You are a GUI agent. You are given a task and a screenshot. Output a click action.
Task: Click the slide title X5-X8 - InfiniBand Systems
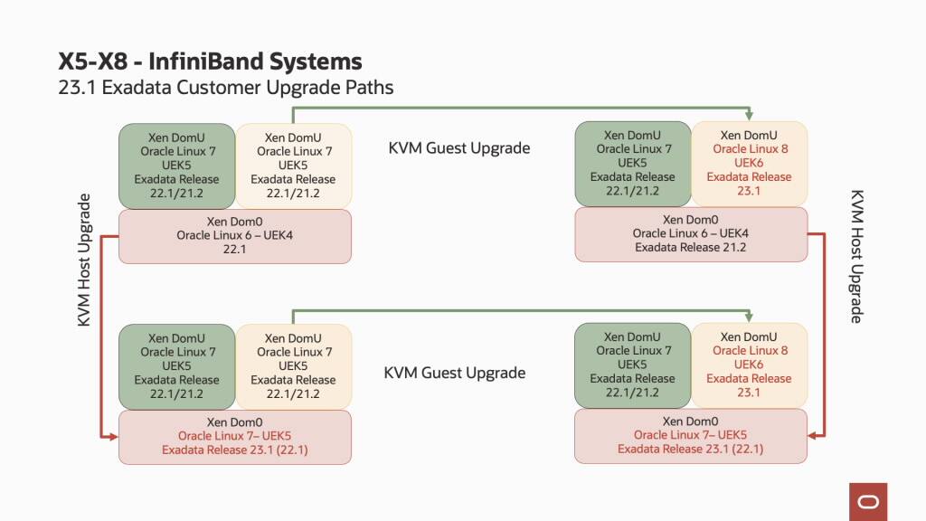[210, 62]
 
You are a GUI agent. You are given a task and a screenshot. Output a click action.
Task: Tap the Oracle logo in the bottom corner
[867, 501]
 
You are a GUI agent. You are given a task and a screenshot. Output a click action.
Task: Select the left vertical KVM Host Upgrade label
[84, 260]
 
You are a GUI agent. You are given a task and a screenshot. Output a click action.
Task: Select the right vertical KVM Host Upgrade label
[857, 256]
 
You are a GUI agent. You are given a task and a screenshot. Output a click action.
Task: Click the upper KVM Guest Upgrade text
[458, 147]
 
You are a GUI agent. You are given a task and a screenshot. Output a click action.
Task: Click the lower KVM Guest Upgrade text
[455, 373]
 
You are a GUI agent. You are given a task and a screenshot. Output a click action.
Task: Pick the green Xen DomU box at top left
[176, 166]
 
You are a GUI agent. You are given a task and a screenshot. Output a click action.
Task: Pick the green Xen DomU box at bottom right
[632, 366]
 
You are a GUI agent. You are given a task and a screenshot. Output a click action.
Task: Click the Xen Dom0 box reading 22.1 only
[234, 236]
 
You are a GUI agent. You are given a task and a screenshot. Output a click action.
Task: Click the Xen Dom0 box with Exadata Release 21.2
[691, 234]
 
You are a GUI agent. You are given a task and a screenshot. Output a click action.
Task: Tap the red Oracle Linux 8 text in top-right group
[750, 148]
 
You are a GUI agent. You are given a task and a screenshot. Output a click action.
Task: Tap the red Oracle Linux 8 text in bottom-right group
[750, 350]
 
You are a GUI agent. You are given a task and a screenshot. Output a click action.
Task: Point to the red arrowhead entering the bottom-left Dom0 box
[114, 436]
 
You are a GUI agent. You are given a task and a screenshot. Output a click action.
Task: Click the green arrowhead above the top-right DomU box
[750, 114]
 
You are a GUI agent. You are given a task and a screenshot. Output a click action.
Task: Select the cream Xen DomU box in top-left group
[293, 166]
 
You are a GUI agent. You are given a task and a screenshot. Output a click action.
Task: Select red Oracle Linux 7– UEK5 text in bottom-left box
[234, 436]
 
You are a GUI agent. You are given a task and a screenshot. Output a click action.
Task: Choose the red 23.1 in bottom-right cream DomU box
[749, 393]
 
